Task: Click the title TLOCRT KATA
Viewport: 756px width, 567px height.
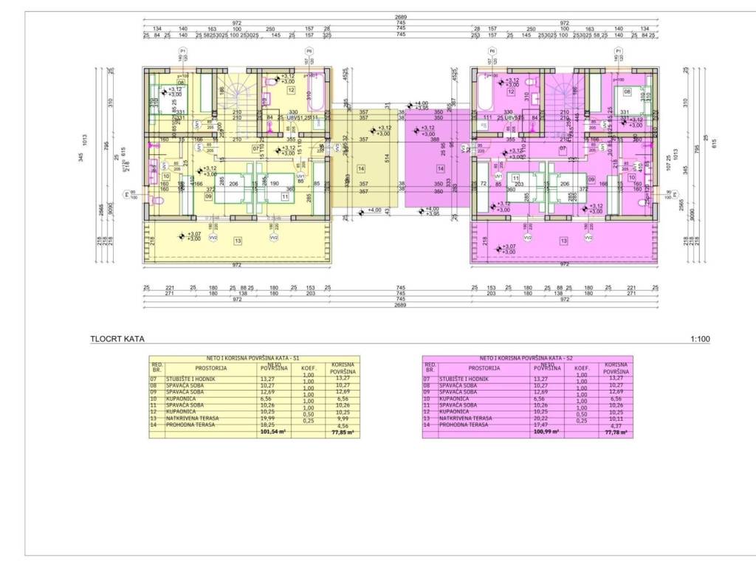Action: tap(117, 340)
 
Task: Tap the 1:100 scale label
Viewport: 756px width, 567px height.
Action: tap(700, 340)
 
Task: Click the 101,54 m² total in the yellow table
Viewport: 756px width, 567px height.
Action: tap(273, 433)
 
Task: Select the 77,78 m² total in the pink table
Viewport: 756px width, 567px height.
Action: tap(615, 433)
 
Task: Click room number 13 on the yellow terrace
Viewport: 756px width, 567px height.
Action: tap(238, 241)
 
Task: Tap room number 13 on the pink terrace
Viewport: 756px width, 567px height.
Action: tap(563, 241)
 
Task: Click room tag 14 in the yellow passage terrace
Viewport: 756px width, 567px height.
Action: tap(361, 168)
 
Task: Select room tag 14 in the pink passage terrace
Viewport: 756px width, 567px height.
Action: tap(441, 168)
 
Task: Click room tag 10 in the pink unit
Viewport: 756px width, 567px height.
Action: tap(631, 177)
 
